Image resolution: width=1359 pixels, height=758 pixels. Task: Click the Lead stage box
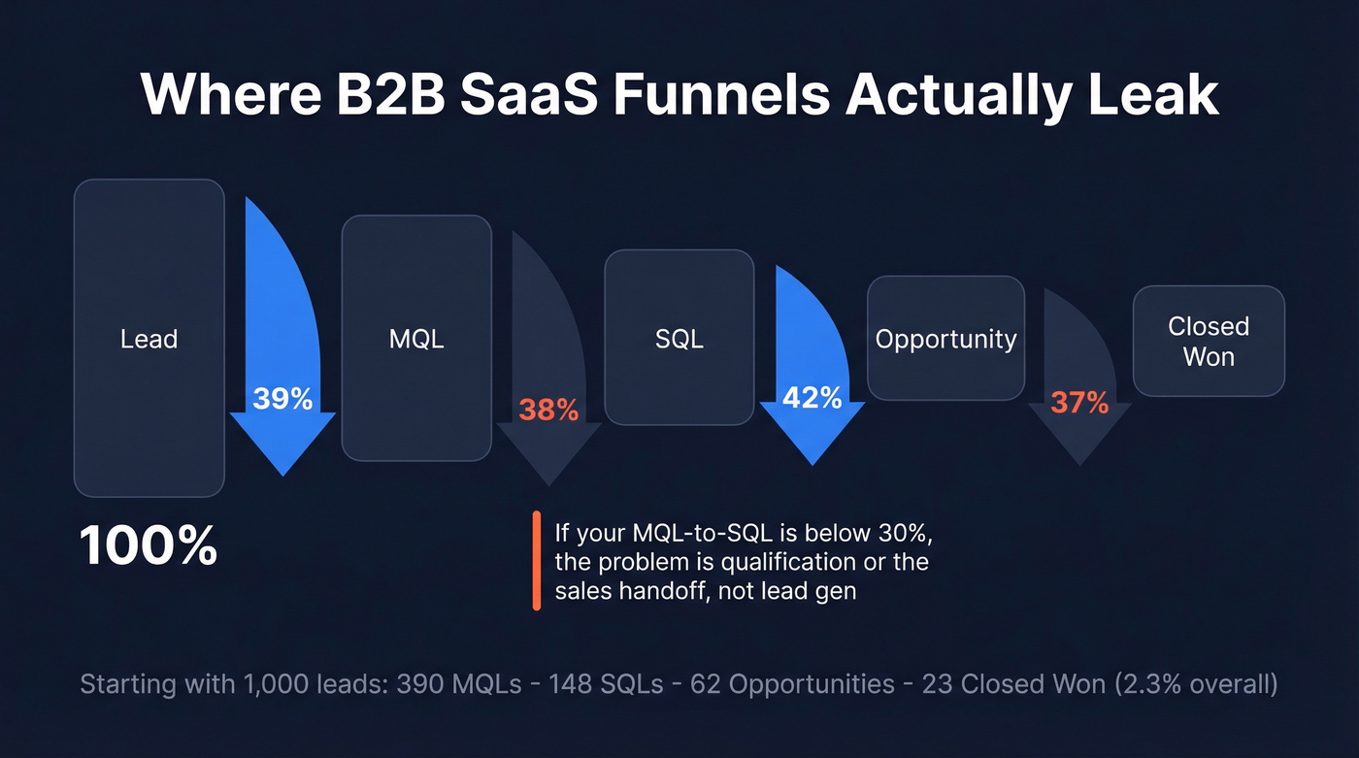[149, 338]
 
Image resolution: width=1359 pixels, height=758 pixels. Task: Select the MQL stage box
[416, 338]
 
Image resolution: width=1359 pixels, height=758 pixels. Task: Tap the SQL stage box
[679, 338]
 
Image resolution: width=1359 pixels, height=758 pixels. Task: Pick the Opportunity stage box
[945, 338]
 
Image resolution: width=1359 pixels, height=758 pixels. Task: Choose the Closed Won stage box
[1209, 341]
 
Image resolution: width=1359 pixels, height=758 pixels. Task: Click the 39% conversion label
[282, 398]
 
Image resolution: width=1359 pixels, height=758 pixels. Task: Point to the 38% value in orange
[548, 411]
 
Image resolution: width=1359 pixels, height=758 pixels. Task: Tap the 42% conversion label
[812, 397]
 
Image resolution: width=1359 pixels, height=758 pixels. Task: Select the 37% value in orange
[1079, 402]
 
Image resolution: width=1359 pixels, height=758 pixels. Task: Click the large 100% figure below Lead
[149, 546]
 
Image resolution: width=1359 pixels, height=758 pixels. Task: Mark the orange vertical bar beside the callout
[537, 561]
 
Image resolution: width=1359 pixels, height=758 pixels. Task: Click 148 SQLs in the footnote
[606, 683]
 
